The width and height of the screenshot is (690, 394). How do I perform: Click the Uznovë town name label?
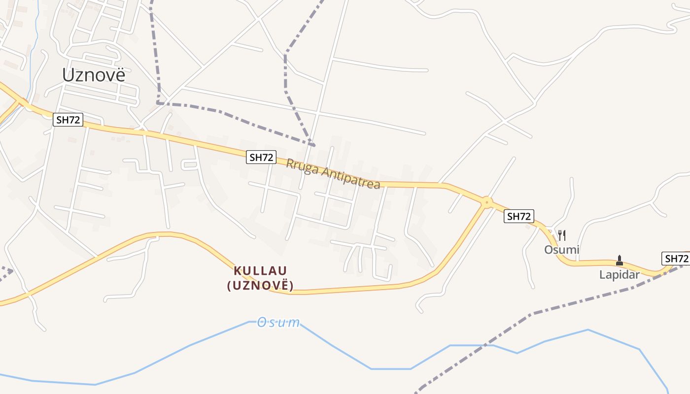tap(94, 75)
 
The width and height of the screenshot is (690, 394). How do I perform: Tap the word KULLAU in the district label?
tap(260, 270)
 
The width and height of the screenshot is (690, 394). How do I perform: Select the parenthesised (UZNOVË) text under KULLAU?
tap(260, 285)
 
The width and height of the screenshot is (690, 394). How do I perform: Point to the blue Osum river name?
tap(278, 323)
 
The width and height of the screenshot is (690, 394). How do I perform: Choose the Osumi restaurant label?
tap(561, 250)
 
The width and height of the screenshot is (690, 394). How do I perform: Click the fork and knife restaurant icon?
tap(561, 235)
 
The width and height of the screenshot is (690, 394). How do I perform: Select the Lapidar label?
tap(619, 275)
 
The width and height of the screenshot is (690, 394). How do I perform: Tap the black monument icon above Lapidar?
tap(620, 260)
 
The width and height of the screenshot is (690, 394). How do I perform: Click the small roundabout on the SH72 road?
tap(487, 202)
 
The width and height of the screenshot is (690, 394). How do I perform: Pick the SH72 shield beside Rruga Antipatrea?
tap(261, 157)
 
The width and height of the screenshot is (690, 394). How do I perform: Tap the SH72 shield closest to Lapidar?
tap(676, 259)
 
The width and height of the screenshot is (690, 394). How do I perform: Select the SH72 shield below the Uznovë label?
tap(68, 119)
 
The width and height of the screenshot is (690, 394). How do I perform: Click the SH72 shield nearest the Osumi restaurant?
tap(519, 216)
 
